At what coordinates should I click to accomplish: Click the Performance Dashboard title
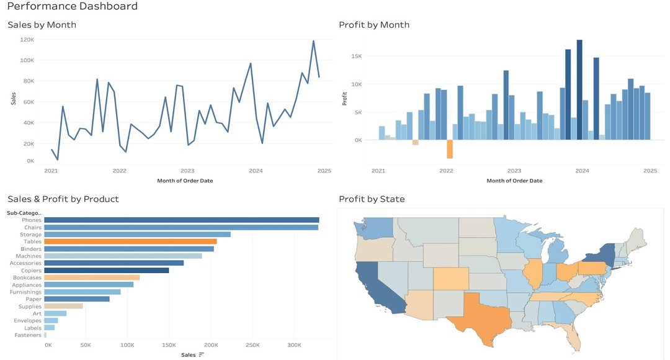pyautogui.click(x=73, y=7)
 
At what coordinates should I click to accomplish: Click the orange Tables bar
pyautogui.click(x=130, y=241)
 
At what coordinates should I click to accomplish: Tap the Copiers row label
pyautogui.click(x=32, y=271)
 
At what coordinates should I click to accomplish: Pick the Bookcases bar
pyautogui.click(x=92, y=277)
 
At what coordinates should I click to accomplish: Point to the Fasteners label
pyautogui.click(x=28, y=335)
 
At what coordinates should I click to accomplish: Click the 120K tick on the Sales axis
pyautogui.click(x=27, y=39)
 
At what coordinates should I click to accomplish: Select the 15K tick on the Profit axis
pyautogui.click(x=357, y=56)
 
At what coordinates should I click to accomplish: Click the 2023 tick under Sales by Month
pyautogui.click(x=187, y=171)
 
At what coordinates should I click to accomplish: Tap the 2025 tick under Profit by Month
pyautogui.click(x=650, y=171)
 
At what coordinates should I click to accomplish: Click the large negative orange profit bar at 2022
pyautogui.click(x=450, y=149)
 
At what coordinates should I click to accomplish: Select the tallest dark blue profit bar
pyautogui.click(x=579, y=89)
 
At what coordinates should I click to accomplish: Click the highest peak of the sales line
pyautogui.click(x=313, y=41)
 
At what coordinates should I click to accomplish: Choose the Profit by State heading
pyautogui.click(x=372, y=199)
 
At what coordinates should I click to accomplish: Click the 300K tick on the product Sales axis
pyautogui.click(x=294, y=345)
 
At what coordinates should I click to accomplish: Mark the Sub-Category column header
pyautogui.click(x=24, y=213)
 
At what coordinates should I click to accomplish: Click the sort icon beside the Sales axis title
pyautogui.click(x=202, y=355)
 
